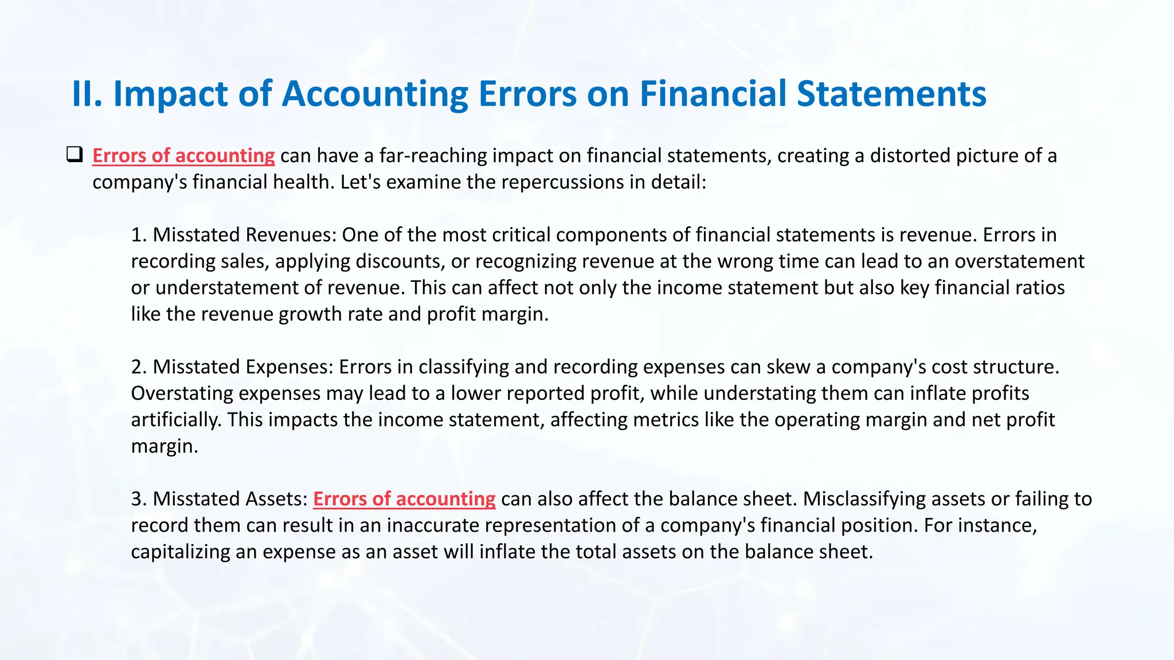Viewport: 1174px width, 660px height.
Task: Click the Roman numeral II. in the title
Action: (87, 94)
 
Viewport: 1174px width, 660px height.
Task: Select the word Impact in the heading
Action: (170, 94)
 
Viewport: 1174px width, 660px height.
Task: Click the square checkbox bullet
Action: (75, 155)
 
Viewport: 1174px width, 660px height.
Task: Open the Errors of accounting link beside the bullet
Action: (183, 156)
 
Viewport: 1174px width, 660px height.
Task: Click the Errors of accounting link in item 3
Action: (404, 499)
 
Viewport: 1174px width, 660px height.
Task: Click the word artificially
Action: (176, 420)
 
